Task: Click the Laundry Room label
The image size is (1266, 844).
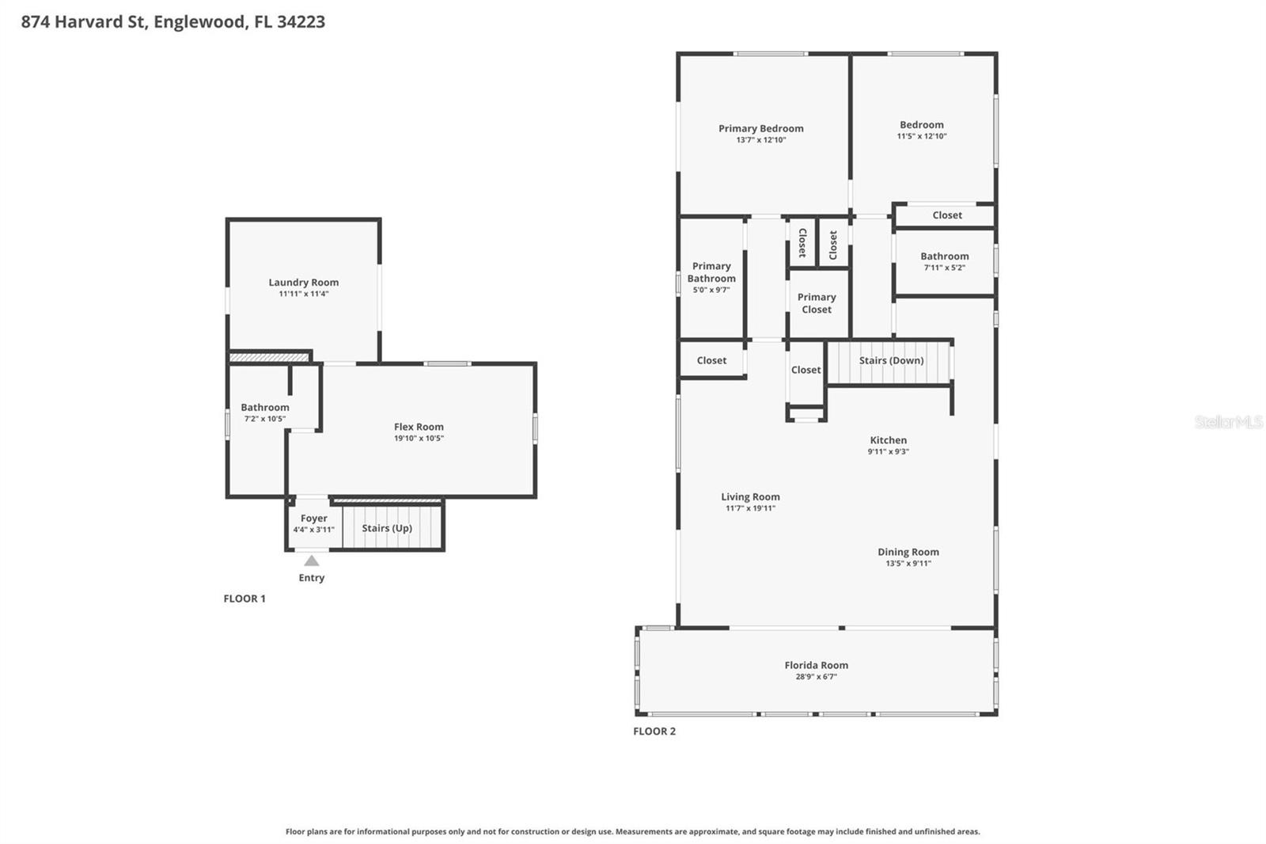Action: coord(303,282)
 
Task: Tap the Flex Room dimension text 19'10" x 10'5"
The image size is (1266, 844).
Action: coord(419,438)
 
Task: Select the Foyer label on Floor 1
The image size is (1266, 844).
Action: coord(313,518)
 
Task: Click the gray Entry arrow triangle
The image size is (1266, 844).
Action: coord(312,561)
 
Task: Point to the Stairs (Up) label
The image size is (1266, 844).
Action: coord(387,528)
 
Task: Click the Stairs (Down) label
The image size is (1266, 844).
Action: coord(891,360)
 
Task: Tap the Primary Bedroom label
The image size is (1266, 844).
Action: coord(760,128)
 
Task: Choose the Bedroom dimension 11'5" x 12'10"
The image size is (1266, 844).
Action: coord(921,136)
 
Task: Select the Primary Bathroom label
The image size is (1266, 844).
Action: coord(711,272)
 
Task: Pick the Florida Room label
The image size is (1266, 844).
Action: coord(816,665)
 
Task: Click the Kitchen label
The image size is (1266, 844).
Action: coord(888,440)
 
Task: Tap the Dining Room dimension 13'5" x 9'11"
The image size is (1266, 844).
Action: coord(908,564)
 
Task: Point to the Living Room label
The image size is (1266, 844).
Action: coord(750,496)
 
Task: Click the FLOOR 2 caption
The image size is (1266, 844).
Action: coord(654,731)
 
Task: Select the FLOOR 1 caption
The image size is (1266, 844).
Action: coord(244,599)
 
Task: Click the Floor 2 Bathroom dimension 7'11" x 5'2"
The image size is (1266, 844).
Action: coord(944,268)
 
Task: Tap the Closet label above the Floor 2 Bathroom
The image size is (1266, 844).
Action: coord(946,215)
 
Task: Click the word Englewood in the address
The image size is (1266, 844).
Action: coord(199,21)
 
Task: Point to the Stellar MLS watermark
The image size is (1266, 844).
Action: coord(1228,422)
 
